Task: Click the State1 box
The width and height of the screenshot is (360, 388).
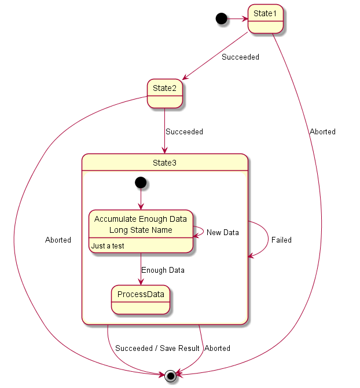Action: coord(266,19)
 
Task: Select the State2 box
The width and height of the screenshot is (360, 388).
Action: coord(165,94)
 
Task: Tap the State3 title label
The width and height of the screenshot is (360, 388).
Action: coord(165,163)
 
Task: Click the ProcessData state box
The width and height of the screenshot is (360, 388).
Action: coord(141,299)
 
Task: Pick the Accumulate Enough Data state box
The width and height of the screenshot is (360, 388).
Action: coord(141,232)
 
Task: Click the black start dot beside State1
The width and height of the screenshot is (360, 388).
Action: coord(221,19)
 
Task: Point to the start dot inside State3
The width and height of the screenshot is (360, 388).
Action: coord(141,182)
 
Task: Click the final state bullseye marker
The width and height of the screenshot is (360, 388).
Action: coord(171,376)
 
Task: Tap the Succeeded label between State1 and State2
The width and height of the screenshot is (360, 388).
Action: coord(240,57)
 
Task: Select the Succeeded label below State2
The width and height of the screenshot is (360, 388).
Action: coord(184,131)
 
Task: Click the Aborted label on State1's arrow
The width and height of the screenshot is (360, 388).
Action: coord(322,131)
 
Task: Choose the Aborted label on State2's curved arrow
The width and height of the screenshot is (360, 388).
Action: coord(58,240)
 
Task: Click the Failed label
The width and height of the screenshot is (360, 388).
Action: coord(281,240)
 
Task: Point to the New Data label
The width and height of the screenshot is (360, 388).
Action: coord(223,232)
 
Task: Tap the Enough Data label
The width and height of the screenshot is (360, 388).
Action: coord(163,270)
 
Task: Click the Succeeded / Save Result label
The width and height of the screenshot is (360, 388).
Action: coord(157,348)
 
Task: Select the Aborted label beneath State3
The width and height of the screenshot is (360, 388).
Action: coord(218,348)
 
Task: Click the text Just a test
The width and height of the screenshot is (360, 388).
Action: coord(108,246)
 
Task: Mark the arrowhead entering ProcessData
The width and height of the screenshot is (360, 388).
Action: coord(141,282)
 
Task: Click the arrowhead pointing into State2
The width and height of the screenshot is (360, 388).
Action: coord(185,77)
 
